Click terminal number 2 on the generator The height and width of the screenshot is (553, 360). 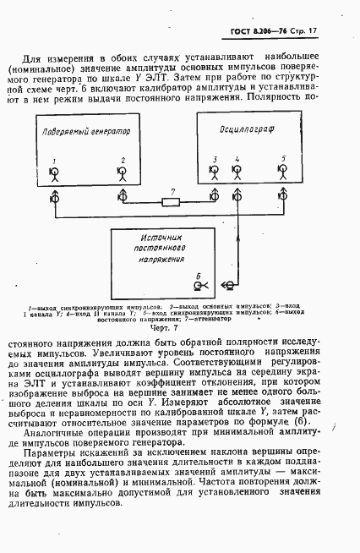[122, 174]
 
